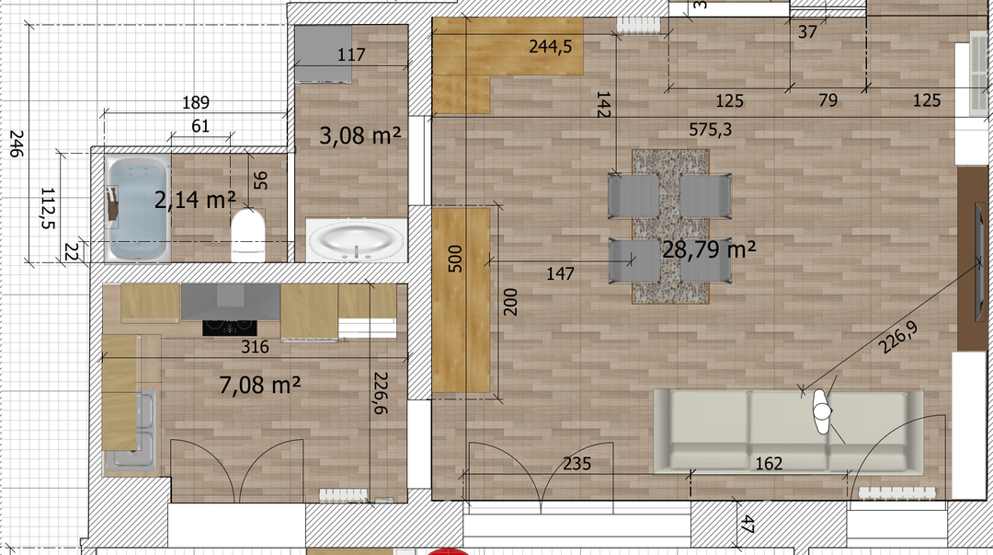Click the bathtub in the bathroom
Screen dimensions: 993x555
coord(139,209)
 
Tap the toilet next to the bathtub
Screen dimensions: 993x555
coord(247,236)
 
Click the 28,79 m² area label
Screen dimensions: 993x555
coord(709,249)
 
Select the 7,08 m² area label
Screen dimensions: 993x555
coord(259,384)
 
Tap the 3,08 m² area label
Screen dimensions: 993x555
coord(360,134)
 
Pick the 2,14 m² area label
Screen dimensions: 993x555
coord(195,200)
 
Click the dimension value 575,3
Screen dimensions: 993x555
coord(710,130)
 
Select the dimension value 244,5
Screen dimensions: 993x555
coord(551,46)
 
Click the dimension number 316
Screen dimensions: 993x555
coord(255,346)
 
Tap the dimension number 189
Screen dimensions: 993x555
coord(196,102)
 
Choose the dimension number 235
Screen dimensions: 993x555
coord(576,464)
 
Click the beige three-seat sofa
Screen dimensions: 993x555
coord(789,432)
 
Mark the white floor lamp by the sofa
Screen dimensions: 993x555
coord(822,411)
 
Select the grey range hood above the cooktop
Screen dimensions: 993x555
coord(231,302)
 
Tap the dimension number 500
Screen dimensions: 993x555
coord(455,259)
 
